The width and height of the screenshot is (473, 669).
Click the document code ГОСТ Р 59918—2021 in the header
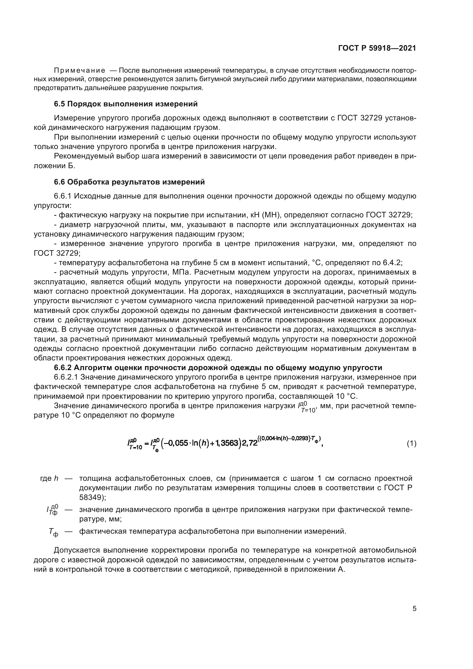377,48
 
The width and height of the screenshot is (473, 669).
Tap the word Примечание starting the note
80,71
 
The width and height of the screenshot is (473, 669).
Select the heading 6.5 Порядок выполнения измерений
126,104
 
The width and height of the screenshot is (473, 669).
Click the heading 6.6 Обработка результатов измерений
129,182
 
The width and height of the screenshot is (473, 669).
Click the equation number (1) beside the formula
411,444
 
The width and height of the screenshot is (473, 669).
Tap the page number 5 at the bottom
414,608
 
